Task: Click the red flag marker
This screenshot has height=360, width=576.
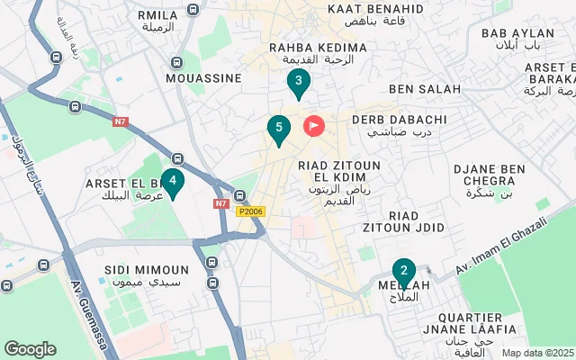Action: (314, 126)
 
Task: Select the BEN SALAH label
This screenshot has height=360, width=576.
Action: (424, 89)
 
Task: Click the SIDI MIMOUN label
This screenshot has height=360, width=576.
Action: (147, 270)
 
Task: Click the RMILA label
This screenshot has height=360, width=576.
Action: (158, 15)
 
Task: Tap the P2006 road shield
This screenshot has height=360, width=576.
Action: (250, 211)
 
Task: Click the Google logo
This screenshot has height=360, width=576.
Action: (30, 349)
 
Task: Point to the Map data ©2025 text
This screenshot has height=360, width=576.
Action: (537, 354)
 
